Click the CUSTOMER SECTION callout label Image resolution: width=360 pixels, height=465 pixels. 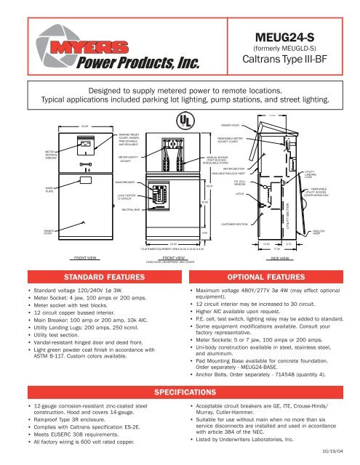click(234, 225)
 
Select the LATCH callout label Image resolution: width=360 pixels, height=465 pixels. click(239, 194)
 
